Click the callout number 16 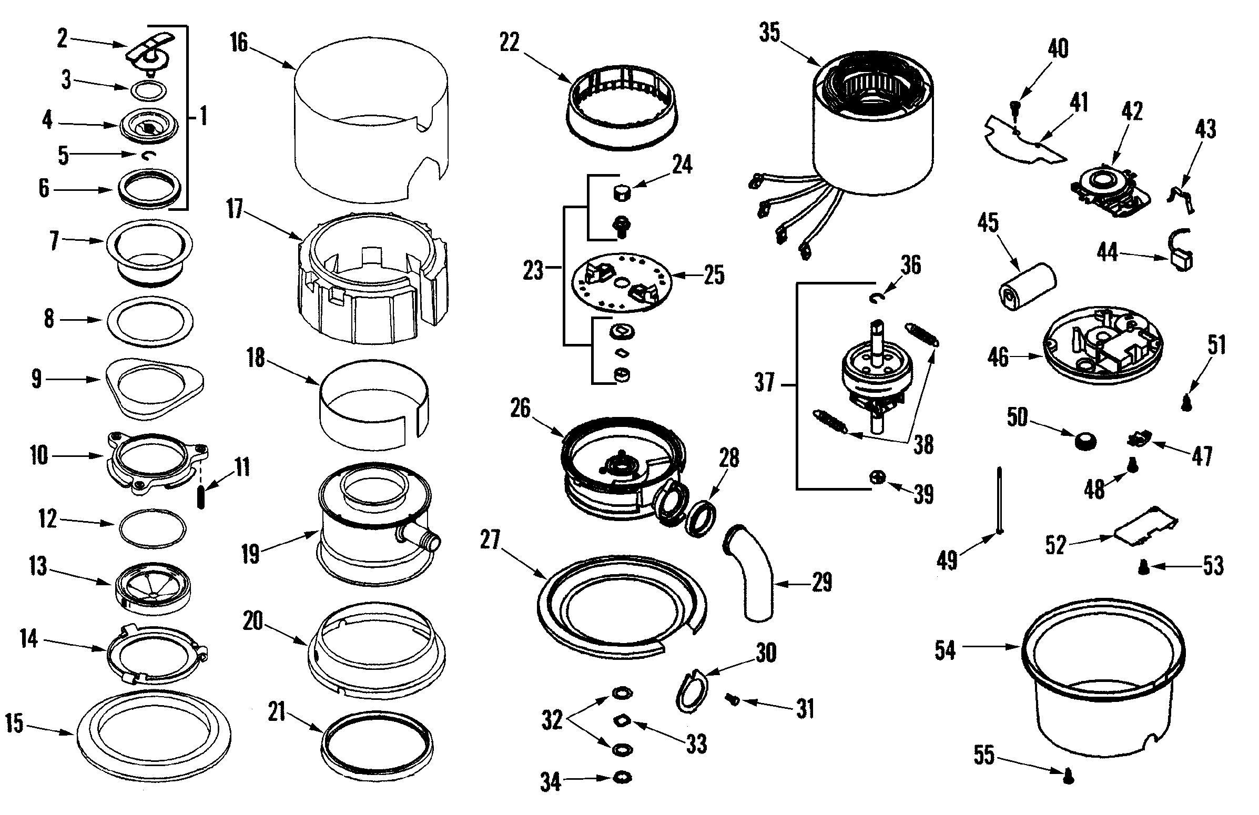[x=239, y=42]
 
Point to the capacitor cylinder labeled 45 [x=1026, y=287]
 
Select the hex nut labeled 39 [x=877, y=477]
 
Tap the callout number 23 [x=533, y=271]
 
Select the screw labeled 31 [x=733, y=699]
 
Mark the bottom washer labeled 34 [x=622, y=778]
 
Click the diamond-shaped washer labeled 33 [x=622, y=720]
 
